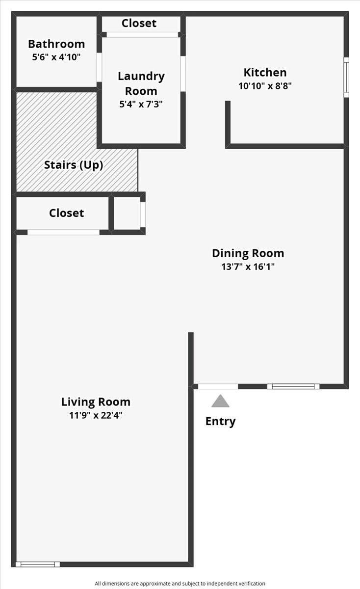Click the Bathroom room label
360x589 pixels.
click(56, 44)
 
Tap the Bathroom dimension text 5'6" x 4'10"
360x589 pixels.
click(56, 57)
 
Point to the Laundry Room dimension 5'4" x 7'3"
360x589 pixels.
click(141, 104)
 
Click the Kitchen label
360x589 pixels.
click(265, 73)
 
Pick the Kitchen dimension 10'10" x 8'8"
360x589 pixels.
click(265, 85)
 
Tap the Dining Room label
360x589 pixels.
click(248, 253)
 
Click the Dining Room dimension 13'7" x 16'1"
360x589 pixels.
click(248, 267)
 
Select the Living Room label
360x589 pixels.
click(96, 402)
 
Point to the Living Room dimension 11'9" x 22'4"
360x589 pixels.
click(96, 415)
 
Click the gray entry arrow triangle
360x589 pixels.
click(220, 402)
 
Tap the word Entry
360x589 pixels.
click(220, 421)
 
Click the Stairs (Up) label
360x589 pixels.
click(74, 165)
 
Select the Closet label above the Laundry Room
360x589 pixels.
click(139, 23)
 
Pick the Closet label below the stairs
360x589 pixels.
click(66, 213)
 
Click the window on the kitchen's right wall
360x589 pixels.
click(346, 77)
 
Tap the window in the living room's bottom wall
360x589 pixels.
click(38, 564)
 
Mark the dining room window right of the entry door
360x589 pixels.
click(293, 386)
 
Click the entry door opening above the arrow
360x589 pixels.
click(218, 386)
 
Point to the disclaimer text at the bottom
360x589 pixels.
click(180, 584)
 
